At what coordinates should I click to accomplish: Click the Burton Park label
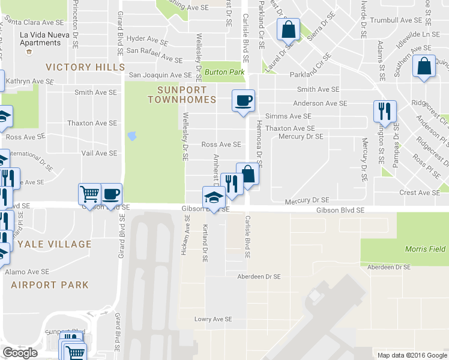[224, 72]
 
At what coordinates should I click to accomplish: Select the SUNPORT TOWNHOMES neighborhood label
[182, 94]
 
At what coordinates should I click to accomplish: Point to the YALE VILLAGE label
[55, 244]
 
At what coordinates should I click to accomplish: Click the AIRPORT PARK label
[50, 285]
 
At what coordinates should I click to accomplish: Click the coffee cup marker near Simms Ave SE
[243, 100]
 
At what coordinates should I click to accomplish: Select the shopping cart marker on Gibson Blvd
[89, 194]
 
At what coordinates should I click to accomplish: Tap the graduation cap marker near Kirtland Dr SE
[214, 197]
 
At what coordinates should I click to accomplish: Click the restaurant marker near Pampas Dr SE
[384, 110]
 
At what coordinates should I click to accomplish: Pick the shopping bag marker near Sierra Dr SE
[288, 29]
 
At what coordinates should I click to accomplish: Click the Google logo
[20, 353]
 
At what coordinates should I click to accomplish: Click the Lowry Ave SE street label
[212, 320]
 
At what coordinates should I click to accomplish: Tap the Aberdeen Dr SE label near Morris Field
[388, 267]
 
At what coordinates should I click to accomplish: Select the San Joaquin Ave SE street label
[160, 75]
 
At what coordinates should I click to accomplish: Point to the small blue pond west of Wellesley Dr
[132, 136]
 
